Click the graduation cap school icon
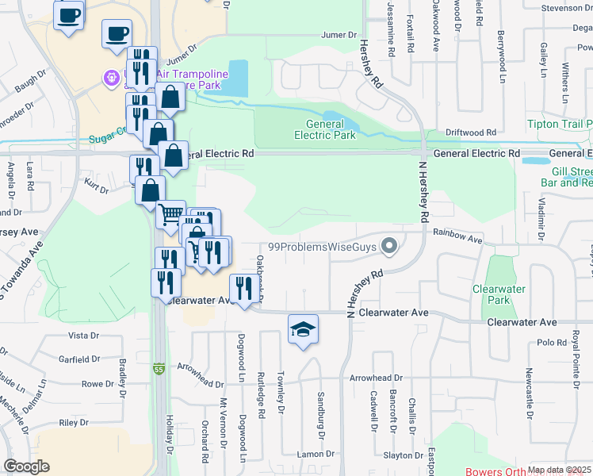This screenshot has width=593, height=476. pos(303,329)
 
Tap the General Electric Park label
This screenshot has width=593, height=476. pos(325,129)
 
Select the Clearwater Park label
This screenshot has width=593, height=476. pos(499,295)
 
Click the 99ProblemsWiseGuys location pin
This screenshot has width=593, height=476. pos(388,247)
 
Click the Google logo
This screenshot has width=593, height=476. pos(26,466)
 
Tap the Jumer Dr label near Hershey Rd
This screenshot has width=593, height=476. pos(339,35)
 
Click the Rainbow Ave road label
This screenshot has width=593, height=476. pos(457,237)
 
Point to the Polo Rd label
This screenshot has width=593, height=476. pos(549,342)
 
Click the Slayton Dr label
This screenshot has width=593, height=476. pos(404,455)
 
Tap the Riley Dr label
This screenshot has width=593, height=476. pos(73,423)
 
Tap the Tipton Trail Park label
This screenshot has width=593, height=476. pos(560,125)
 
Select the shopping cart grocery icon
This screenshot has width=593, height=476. pos(170,215)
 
